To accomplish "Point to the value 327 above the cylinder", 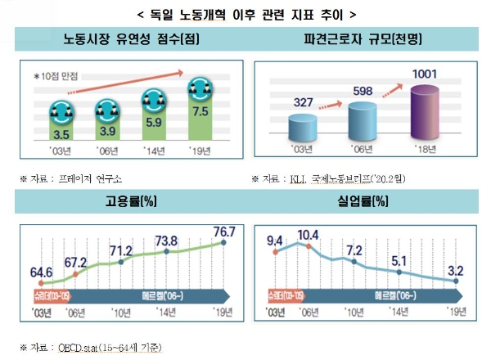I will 305,102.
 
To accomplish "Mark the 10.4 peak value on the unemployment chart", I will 308,235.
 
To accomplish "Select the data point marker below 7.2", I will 354,262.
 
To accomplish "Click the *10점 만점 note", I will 56,75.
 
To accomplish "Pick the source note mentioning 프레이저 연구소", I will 77,177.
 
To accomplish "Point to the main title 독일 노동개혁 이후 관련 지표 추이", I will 245,14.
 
